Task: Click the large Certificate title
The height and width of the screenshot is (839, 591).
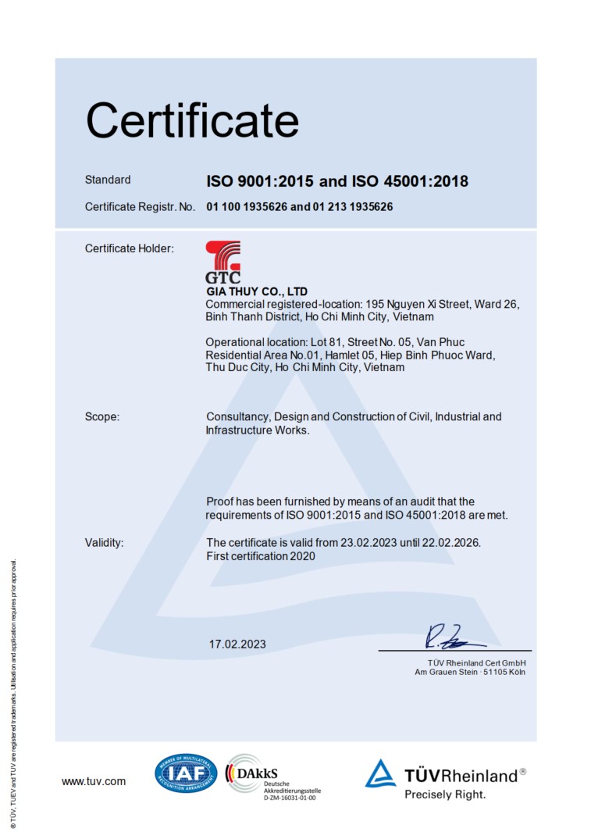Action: coord(192,121)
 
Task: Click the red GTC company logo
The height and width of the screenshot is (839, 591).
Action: coord(223,262)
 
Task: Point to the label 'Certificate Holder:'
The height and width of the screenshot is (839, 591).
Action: coord(129,248)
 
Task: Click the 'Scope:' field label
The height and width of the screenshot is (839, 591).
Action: coord(102,416)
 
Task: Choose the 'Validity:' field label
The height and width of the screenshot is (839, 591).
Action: coord(105,542)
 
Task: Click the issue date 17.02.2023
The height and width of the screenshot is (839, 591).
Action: coord(237,644)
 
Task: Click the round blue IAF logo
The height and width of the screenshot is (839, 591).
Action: coord(186,773)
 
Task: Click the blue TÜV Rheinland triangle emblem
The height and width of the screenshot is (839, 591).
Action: coord(381,773)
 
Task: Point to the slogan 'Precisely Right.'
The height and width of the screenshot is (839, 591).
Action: coord(445,794)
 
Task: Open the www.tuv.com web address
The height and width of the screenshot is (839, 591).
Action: coord(94,781)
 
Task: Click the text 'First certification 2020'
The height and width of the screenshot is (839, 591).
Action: coord(261,556)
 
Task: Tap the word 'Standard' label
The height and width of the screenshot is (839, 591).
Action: coord(108,180)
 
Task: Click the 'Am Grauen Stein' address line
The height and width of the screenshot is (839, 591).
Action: coord(469,672)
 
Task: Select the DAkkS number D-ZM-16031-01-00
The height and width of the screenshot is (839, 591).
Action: coord(290,797)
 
